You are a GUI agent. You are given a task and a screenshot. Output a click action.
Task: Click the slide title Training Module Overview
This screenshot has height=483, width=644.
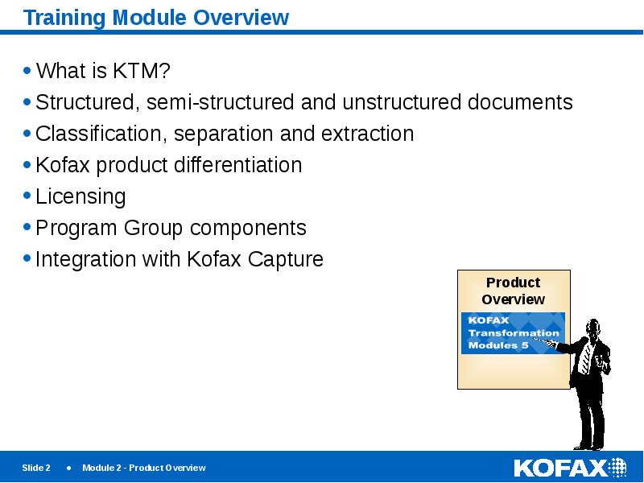click(x=156, y=18)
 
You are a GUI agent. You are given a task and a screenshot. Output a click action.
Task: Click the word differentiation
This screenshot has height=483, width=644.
click(x=238, y=165)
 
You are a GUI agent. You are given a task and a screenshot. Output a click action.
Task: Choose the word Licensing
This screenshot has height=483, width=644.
click(x=80, y=196)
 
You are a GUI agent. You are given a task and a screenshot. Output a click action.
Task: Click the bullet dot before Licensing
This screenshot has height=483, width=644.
click(x=28, y=196)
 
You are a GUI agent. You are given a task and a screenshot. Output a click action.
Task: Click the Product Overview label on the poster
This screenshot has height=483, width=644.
click(x=513, y=291)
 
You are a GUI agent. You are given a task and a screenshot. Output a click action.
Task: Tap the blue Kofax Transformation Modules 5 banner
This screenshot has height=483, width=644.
click(x=512, y=332)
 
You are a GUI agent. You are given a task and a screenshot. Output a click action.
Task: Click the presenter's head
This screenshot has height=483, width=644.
click(x=593, y=329)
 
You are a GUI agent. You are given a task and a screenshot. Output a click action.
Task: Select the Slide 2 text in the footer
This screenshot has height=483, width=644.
click(x=36, y=468)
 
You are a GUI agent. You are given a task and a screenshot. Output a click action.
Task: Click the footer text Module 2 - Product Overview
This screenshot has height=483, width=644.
click(x=143, y=468)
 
